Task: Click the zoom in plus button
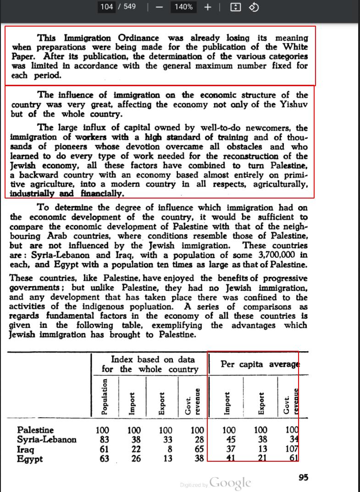tap(207, 7)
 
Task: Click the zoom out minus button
tap(159, 7)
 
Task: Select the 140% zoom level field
tap(183, 7)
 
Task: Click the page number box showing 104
tap(106, 7)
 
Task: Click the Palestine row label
tap(35, 430)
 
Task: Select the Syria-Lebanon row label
tap(47, 440)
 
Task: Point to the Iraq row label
tap(26, 449)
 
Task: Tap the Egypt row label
tap(30, 459)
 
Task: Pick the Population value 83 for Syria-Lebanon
tap(104, 440)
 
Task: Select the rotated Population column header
tap(105, 397)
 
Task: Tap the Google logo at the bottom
tap(230, 483)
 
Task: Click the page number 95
tap(303, 478)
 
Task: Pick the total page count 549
tap(129, 7)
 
